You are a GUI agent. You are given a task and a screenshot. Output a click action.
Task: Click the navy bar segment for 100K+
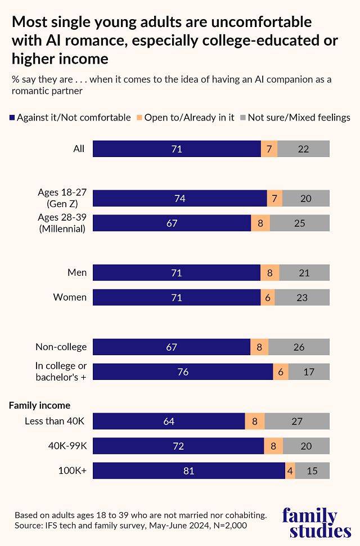pyautogui.click(x=189, y=471)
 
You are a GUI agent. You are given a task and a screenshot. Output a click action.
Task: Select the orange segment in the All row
pyautogui.click(x=269, y=149)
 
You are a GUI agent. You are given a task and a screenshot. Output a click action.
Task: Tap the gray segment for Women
pyautogui.click(x=302, y=297)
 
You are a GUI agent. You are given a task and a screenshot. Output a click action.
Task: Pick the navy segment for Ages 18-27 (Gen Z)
pyautogui.click(x=180, y=198)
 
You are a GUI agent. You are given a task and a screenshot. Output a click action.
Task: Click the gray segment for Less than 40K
pyautogui.click(x=297, y=421)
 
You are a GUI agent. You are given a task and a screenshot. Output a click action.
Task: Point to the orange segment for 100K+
pyautogui.click(x=290, y=471)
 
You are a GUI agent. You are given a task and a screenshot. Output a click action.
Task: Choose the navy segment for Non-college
pyautogui.click(x=172, y=347)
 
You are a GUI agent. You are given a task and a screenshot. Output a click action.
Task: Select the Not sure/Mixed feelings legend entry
pyautogui.click(x=295, y=118)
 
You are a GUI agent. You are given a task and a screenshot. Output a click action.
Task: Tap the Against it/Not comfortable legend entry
pyautogui.click(x=70, y=118)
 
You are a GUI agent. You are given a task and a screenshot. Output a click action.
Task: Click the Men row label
pyautogui.click(x=77, y=272)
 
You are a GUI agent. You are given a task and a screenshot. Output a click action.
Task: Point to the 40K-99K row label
pyautogui.click(x=68, y=446)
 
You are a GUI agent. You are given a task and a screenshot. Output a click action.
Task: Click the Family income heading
pyautogui.click(x=39, y=405)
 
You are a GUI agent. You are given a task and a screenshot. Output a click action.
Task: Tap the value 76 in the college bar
pyautogui.click(x=183, y=372)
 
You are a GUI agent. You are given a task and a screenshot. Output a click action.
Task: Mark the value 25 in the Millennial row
pyautogui.click(x=299, y=223)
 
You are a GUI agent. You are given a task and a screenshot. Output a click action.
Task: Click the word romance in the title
pyautogui.click(x=118, y=41)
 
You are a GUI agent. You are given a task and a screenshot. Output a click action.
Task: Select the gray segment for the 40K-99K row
pyautogui.click(x=306, y=446)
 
